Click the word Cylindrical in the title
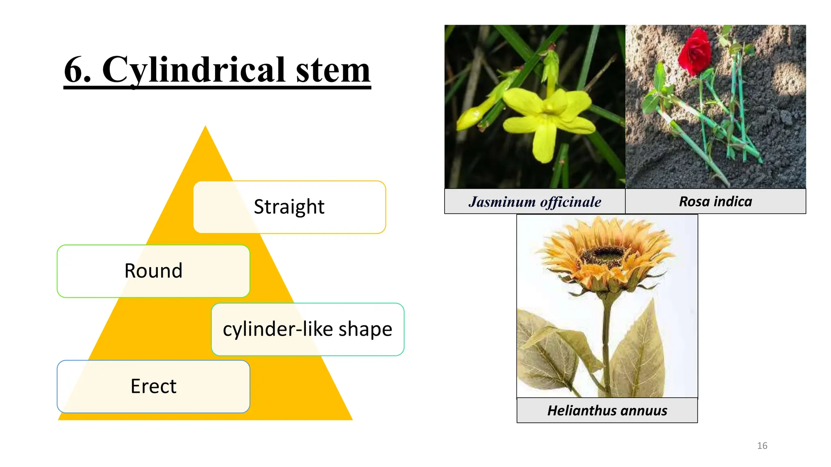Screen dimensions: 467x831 click(x=194, y=70)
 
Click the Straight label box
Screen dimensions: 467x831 click(x=289, y=207)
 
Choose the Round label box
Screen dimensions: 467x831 click(x=153, y=271)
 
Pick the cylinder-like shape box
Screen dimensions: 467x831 click(x=308, y=329)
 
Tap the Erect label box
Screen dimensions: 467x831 click(x=153, y=386)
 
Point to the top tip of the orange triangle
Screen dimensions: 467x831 click(x=205, y=127)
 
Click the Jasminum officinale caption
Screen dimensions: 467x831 click(x=535, y=201)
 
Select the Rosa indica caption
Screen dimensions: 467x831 click(x=715, y=201)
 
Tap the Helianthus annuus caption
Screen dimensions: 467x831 click(x=607, y=411)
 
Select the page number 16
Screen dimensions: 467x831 click(x=762, y=446)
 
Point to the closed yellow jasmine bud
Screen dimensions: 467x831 click(x=471, y=118)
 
